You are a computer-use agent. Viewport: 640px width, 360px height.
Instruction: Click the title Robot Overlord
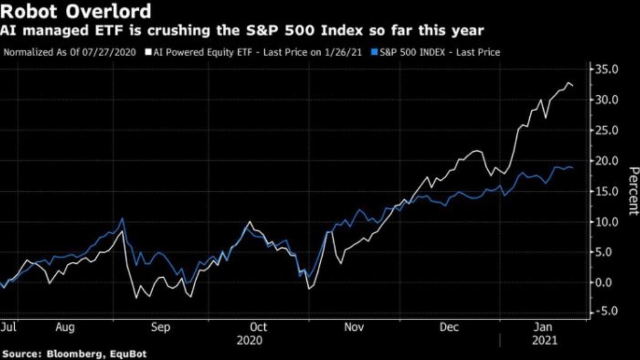point(77,12)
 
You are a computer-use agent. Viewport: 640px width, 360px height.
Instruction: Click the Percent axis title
point(633,191)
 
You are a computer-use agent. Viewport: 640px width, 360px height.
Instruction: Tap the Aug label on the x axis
point(65,327)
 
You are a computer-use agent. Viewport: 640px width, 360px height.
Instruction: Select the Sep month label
point(160,327)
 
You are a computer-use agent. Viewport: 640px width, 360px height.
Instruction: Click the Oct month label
point(259,327)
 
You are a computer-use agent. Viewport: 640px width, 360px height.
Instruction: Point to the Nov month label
point(354,327)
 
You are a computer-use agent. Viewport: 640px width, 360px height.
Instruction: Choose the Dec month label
point(449,327)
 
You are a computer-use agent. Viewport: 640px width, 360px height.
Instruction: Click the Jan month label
point(544,327)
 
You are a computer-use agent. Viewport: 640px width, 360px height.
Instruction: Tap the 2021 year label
point(544,341)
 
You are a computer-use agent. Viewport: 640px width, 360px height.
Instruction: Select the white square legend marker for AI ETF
point(148,52)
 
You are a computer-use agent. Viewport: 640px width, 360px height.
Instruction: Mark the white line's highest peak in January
point(569,83)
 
